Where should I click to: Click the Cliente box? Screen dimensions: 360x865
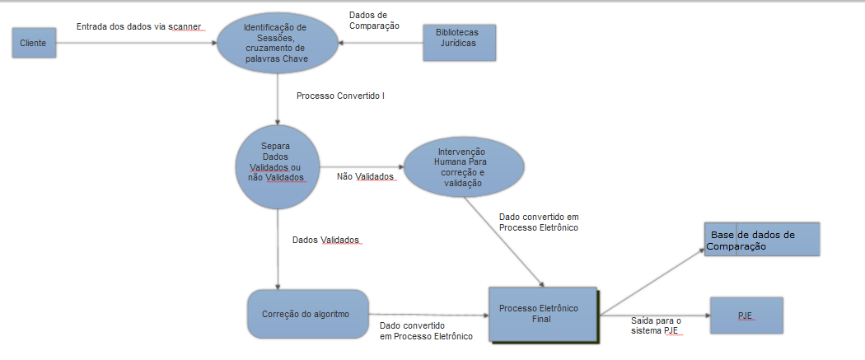(x=34, y=42)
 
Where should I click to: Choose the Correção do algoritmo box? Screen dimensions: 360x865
(x=306, y=314)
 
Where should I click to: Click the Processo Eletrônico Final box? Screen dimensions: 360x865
(x=542, y=314)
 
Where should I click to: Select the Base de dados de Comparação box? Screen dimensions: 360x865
(x=762, y=240)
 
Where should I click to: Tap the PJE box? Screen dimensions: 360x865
(x=746, y=316)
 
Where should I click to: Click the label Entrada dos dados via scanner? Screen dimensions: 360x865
(x=138, y=27)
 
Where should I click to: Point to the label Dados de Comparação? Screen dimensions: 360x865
(x=375, y=20)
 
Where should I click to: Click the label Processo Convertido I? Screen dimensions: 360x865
(x=340, y=96)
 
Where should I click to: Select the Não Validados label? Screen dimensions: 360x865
(x=365, y=177)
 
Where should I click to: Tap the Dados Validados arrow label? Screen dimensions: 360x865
(x=326, y=241)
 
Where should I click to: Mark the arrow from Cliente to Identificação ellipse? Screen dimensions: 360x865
(x=136, y=42)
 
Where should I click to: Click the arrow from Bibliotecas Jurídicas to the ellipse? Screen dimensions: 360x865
(x=381, y=42)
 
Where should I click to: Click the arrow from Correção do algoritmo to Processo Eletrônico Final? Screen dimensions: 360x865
(x=428, y=315)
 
